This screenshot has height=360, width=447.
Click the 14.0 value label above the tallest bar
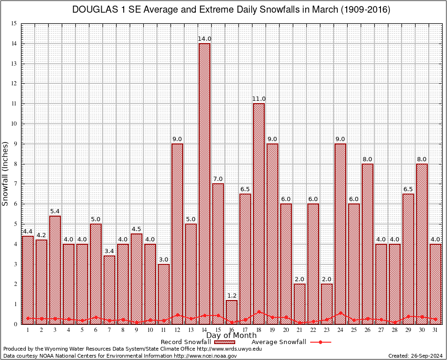pyautogui.click(x=204, y=39)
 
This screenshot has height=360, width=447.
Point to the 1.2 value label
pyautogui.click(x=231, y=296)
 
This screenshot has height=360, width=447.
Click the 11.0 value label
pyautogui.click(x=259, y=99)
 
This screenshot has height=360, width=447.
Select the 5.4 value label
pyautogui.click(x=55, y=211)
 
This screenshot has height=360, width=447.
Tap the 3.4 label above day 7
pyautogui.click(x=109, y=251)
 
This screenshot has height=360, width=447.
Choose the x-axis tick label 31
pyautogui.click(x=435, y=330)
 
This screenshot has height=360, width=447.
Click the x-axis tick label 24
pyautogui.click(x=340, y=330)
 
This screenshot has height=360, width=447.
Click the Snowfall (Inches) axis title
pyautogui.click(x=6, y=173)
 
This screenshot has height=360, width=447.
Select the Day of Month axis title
pyautogui.click(x=231, y=336)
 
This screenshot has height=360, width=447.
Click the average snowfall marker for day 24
pyautogui.click(x=340, y=313)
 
